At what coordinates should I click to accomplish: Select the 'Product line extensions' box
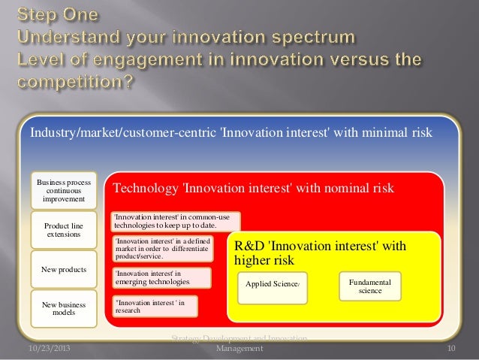coord(64,231)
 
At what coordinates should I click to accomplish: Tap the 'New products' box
coord(64,269)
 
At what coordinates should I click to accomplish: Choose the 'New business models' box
coord(64,309)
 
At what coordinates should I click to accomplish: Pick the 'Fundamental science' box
coord(370,286)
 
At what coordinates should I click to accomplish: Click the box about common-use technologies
coord(175,221)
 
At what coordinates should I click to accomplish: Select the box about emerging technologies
coord(161,277)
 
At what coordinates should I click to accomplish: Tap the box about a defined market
coord(161,248)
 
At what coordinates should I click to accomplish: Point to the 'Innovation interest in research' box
coord(154,306)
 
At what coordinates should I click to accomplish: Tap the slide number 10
coord(451,349)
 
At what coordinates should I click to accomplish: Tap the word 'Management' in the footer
coord(239,349)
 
